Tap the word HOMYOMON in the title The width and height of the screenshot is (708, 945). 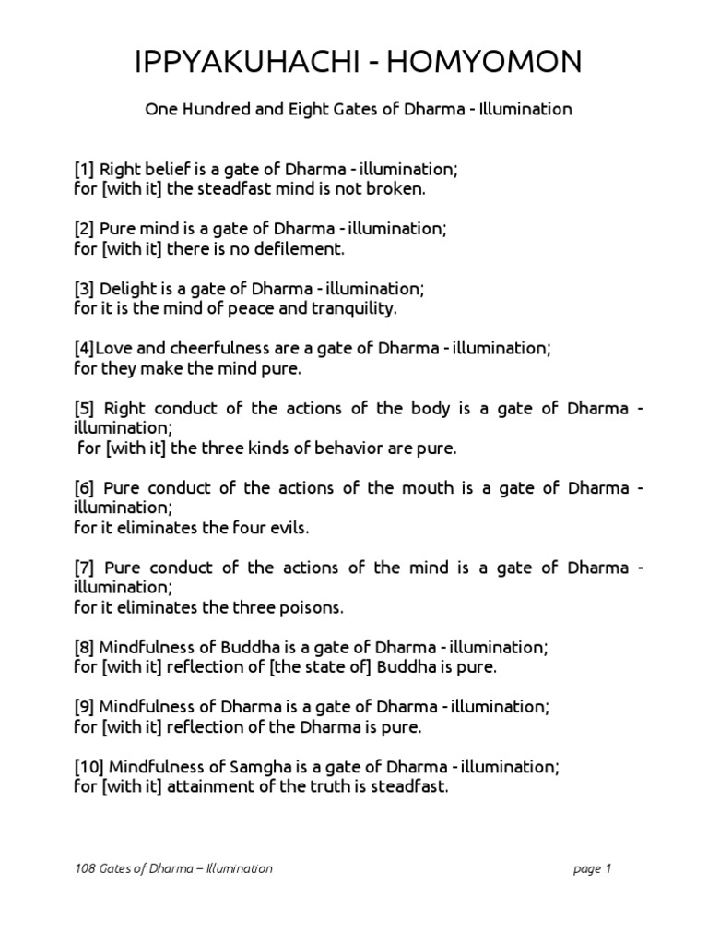click(x=492, y=62)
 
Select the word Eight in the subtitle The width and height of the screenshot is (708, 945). click(x=286, y=109)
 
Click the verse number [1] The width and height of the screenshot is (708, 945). click(x=84, y=170)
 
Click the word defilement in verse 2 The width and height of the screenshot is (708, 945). click(x=293, y=248)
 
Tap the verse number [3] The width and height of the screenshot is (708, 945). click(x=84, y=289)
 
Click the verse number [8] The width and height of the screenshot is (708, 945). click(x=84, y=647)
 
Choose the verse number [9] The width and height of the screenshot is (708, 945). click(x=84, y=707)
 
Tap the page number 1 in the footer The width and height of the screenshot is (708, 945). click(x=608, y=868)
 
